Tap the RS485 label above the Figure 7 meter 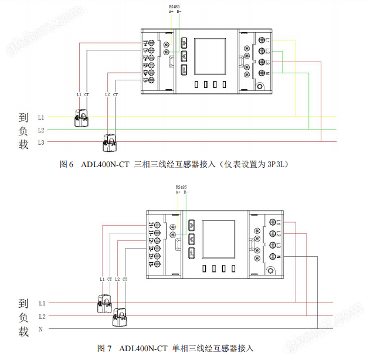tap(181, 187)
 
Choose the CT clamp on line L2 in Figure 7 tap(120, 317)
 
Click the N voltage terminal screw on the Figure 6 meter tap(261, 73)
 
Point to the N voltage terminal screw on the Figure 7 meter tap(272, 257)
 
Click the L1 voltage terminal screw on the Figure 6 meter tap(261, 40)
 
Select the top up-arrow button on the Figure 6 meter tap(184, 43)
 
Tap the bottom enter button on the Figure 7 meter tap(191, 253)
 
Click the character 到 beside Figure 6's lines tap(23, 117)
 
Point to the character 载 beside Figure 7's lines tap(23, 332)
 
